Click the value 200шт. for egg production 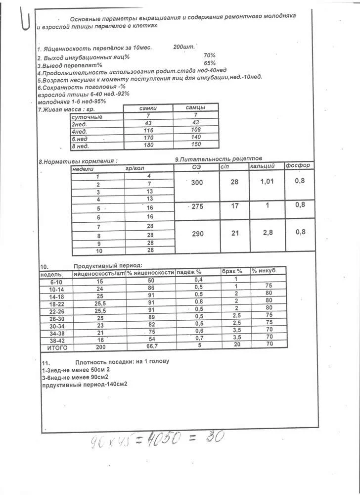(x=184, y=47)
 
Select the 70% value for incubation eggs (x=209, y=55)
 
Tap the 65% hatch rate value (x=209, y=63)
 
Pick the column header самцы (x=195, y=108)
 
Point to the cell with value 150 (x=195, y=145)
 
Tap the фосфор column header (x=298, y=166)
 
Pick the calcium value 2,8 (x=267, y=232)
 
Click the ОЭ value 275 (x=197, y=206)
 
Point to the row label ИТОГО (x=56, y=348)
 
